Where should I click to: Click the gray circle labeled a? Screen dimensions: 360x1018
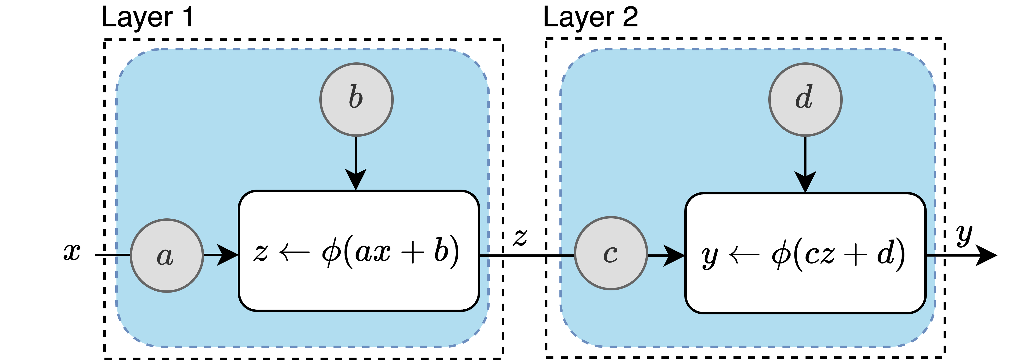pyautogui.click(x=167, y=256)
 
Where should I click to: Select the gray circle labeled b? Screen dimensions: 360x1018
pyautogui.click(x=356, y=100)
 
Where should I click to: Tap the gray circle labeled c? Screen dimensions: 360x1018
pyautogui.click(x=611, y=253)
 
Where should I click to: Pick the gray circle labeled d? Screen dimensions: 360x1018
pyautogui.click(x=805, y=100)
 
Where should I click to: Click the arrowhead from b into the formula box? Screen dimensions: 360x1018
pyautogui.click(x=356, y=180)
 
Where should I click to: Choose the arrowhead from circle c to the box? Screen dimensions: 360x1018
pyautogui.click(x=673, y=256)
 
